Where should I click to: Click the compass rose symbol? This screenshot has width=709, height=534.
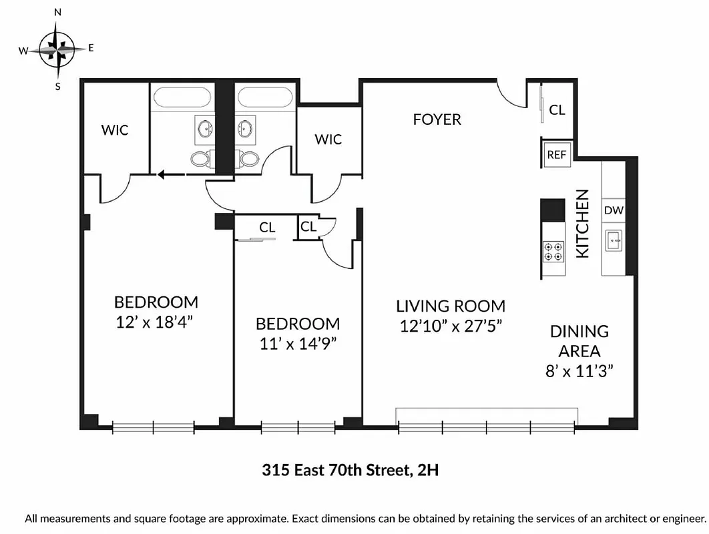click(x=58, y=49)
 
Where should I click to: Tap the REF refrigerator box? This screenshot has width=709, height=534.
click(x=556, y=154)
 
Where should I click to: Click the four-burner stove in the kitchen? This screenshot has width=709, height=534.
click(x=553, y=251)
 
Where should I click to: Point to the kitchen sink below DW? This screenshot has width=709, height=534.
click(x=614, y=240)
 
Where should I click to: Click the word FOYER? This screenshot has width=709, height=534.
click(x=437, y=119)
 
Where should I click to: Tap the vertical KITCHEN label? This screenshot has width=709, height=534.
click(x=583, y=224)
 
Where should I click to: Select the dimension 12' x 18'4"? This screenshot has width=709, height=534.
click(x=156, y=321)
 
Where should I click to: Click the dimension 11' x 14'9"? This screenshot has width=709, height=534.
click(x=298, y=343)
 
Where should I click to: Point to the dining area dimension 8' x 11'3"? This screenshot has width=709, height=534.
click(x=579, y=370)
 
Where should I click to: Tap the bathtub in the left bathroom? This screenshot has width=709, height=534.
click(x=182, y=98)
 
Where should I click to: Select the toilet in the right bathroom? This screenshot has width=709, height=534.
click(x=249, y=159)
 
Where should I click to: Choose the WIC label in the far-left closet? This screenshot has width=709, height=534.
click(x=115, y=129)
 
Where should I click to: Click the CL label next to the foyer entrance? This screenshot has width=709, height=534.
click(x=557, y=109)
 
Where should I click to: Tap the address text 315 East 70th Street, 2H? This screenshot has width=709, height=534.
click(x=350, y=471)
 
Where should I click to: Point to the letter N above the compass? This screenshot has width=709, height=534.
click(x=58, y=12)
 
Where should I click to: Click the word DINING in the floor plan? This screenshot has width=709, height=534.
click(x=579, y=331)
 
